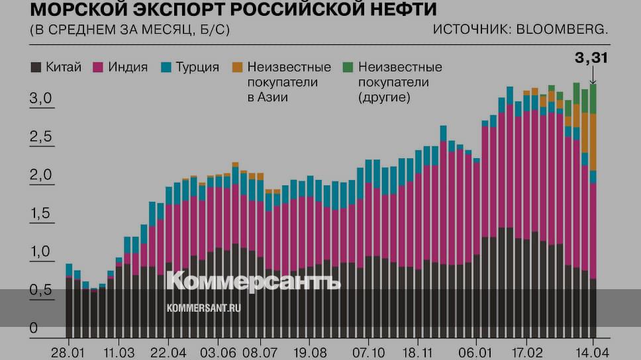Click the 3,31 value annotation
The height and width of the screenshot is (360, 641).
click(591, 58)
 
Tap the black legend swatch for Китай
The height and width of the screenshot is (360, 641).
click(36, 67)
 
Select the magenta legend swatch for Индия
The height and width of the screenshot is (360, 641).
click(98, 67)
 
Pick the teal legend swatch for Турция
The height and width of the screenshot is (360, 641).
click(166, 67)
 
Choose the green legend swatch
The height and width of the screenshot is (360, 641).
click(348, 67)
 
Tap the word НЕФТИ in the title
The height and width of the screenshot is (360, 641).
click(397, 11)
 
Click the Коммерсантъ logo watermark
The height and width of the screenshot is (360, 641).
click(253, 281)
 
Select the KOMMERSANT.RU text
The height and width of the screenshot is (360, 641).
click(203, 308)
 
